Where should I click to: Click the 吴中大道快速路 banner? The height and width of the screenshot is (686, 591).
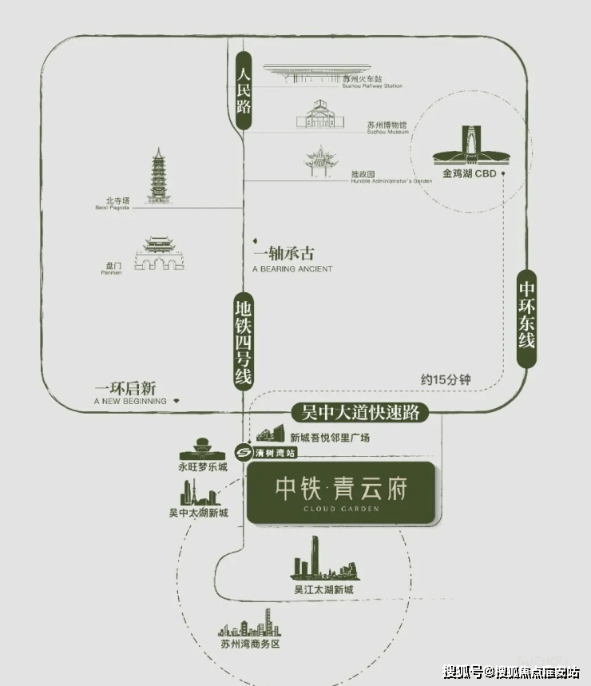coord(359,413)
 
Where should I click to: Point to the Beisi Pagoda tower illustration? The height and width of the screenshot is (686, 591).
coord(158,176)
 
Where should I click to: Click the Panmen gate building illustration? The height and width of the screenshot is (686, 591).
coord(159,253)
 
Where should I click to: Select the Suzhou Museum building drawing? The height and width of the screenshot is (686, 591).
coord(320,114)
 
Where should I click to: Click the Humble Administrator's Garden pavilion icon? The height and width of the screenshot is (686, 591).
coord(321,161)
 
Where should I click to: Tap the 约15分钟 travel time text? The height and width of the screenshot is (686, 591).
coord(446,379)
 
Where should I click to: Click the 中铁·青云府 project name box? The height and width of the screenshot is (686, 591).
coord(341,493)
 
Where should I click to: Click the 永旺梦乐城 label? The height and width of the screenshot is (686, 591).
coord(203,466)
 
